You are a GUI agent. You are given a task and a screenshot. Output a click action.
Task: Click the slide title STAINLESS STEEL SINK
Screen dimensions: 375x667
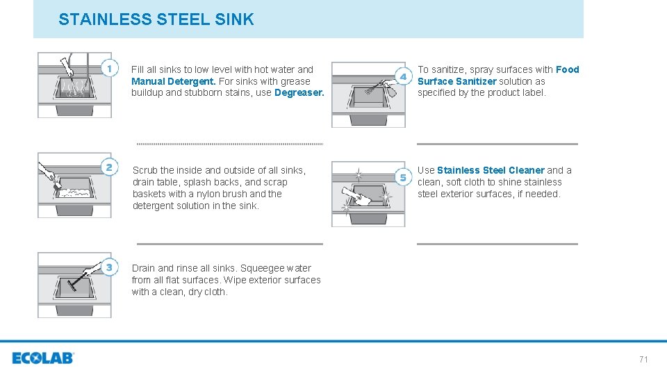pos(156,19)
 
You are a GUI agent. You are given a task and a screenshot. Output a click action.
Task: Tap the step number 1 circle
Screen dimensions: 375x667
pos(109,68)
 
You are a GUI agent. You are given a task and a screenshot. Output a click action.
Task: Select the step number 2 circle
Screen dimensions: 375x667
pos(109,167)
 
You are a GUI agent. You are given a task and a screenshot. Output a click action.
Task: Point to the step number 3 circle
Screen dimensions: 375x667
pos(109,267)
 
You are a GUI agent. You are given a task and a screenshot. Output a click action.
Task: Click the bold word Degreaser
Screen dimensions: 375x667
pos(299,93)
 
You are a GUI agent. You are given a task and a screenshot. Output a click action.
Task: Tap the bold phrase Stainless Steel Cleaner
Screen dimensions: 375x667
pos(491,170)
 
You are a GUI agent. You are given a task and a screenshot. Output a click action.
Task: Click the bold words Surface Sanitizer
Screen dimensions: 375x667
pos(457,81)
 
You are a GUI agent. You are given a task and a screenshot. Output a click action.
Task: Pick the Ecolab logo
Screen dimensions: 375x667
pos(43,358)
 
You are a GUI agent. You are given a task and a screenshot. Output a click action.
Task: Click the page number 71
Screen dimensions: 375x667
pos(643,359)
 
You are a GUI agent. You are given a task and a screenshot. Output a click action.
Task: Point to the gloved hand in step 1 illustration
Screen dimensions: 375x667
pos(67,66)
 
